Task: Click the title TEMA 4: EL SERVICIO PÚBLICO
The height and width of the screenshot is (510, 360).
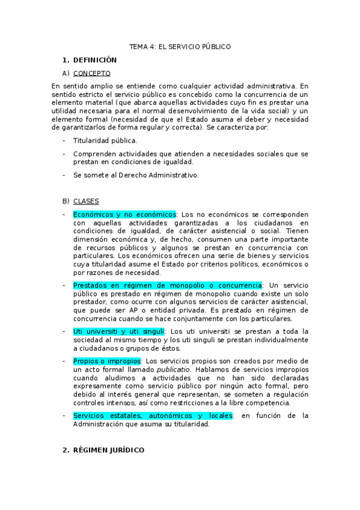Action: tap(180, 46)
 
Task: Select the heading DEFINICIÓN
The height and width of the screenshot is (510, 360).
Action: tap(94, 60)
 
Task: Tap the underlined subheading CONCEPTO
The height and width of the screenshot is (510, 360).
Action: tap(91, 73)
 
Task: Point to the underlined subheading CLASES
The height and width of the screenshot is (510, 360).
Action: tap(86, 201)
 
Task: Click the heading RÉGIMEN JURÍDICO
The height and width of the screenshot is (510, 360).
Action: tap(108, 450)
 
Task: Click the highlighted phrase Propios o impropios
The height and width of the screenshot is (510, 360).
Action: tap(106, 361)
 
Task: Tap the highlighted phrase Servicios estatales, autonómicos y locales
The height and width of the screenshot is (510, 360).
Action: tap(153, 416)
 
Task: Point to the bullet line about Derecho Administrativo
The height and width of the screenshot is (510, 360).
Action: tap(135, 175)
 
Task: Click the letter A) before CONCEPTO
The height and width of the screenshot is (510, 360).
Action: tap(66, 73)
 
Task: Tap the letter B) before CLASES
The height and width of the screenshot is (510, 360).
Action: tap(66, 201)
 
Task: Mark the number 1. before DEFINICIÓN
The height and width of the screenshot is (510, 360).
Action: tap(66, 60)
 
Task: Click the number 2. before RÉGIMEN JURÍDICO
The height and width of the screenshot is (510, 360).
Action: tap(66, 450)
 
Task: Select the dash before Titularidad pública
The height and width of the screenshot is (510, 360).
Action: tap(64, 141)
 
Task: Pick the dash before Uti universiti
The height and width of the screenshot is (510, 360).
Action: tap(64, 331)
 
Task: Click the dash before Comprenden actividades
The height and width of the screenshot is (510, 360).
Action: tap(64, 154)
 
